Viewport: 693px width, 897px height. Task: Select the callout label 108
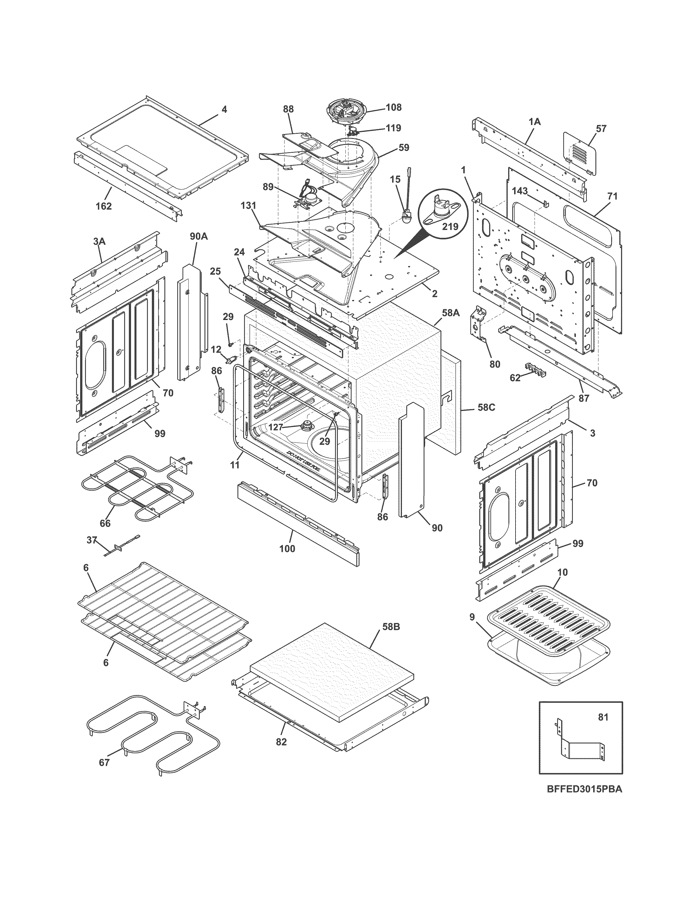[x=393, y=108]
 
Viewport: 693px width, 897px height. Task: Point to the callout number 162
[x=104, y=206]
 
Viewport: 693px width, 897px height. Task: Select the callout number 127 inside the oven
[x=276, y=427]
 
